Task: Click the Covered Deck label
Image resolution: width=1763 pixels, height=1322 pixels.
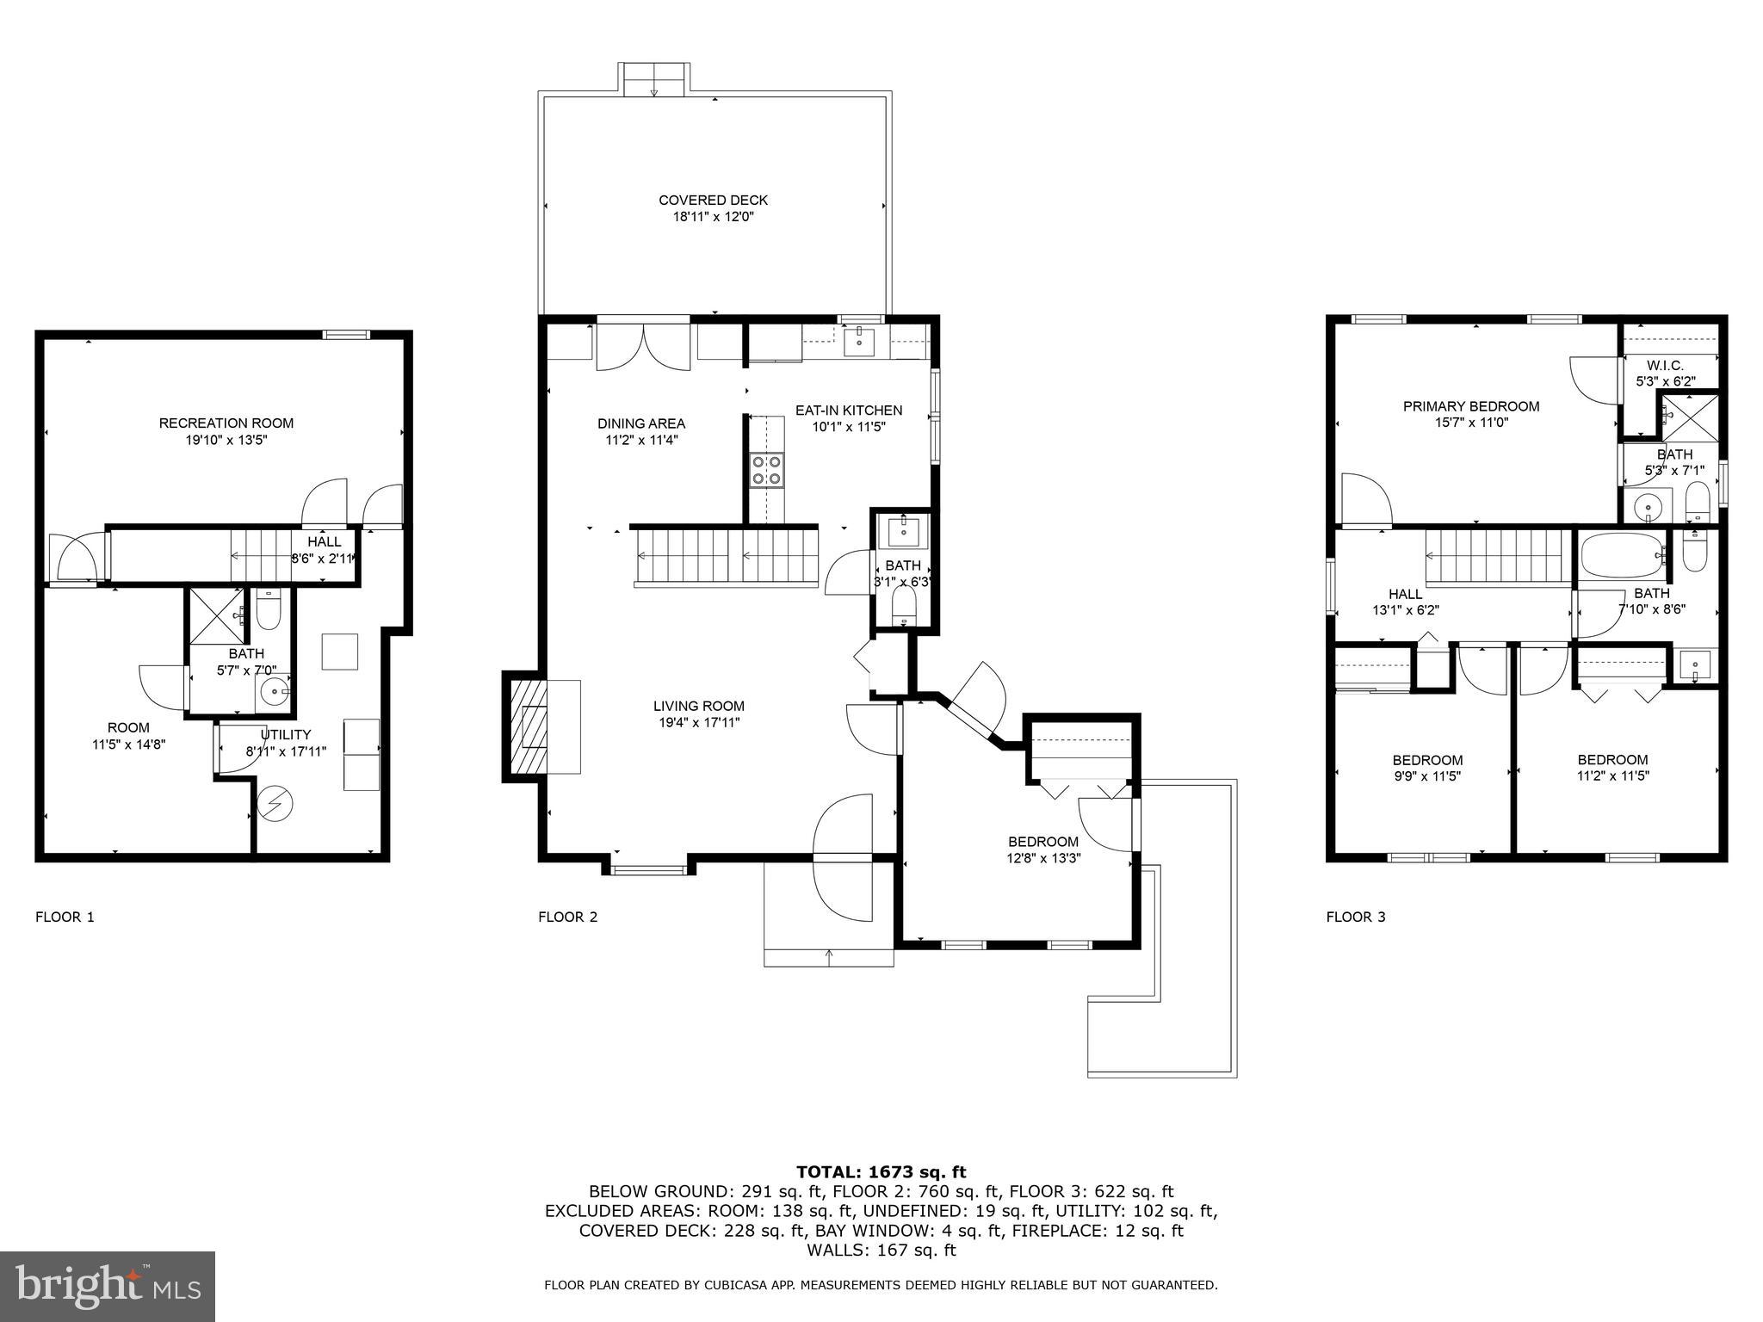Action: point(713,201)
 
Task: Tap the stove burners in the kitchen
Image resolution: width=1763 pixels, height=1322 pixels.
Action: point(766,471)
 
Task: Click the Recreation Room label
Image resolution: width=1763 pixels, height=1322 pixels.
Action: point(226,423)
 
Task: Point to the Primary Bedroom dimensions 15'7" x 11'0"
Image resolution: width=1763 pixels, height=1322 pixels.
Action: point(1470,423)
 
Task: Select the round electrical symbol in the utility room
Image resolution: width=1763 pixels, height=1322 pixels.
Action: point(275,804)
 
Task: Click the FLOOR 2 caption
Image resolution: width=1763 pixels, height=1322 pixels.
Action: point(567,917)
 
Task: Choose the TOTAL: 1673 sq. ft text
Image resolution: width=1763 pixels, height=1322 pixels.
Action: point(881,1171)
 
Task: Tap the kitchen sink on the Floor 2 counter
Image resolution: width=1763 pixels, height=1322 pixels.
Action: point(859,341)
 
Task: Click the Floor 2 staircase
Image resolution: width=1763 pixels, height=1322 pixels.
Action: point(726,557)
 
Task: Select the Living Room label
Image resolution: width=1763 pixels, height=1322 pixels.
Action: point(698,707)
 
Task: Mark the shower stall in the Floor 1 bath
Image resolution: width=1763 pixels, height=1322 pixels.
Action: point(216,615)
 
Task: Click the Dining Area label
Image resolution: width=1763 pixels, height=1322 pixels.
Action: point(641,423)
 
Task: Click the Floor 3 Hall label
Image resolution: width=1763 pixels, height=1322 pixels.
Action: point(1405,594)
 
